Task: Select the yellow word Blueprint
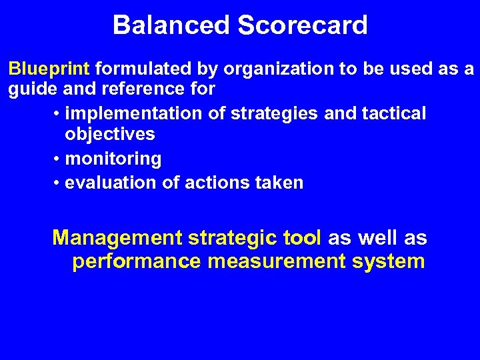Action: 49,69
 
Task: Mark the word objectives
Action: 110,135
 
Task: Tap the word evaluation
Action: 112,182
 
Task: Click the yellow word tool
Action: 303,238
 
